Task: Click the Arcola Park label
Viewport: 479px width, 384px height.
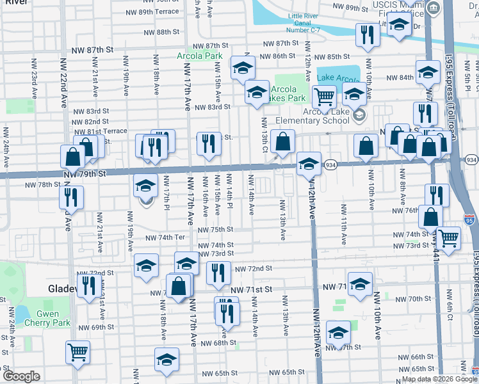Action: tap(200, 56)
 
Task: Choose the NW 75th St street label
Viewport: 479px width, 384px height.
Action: tap(215, 230)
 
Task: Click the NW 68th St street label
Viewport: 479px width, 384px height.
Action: tap(216, 343)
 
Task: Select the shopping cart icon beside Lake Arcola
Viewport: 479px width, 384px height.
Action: tap(324, 97)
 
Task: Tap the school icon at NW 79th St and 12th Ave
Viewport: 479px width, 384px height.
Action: tap(309, 164)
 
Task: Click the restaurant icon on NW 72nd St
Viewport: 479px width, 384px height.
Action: tap(218, 273)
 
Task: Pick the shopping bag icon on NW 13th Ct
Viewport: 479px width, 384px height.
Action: tap(282, 142)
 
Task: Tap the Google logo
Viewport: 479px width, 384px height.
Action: tap(21, 376)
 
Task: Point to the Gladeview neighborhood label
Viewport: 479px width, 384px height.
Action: tap(62, 289)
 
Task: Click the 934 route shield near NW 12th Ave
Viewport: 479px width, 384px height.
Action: tap(330, 164)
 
